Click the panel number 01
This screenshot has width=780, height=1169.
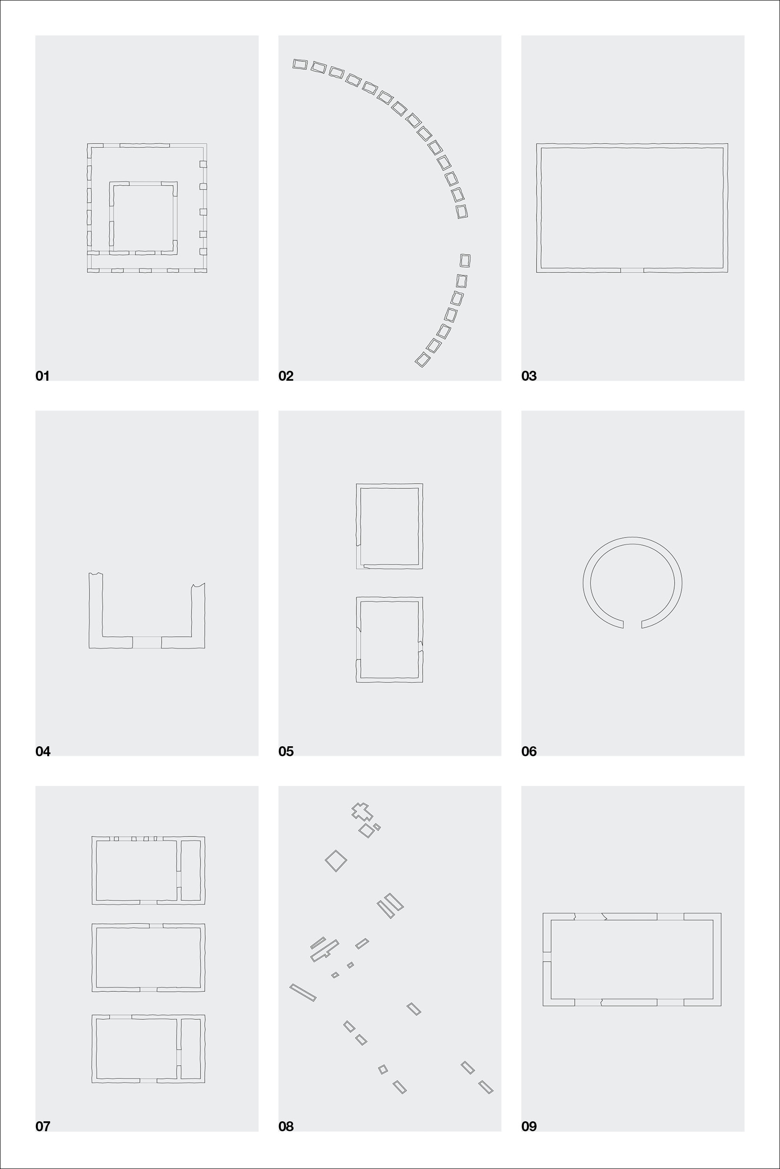pyautogui.click(x=43, y=376)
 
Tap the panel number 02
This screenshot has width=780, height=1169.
pyautogui.click(x=286, y=376)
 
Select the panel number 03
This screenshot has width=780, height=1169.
pyautogui.click(x=529, y=376)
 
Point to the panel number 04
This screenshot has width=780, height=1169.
pyautogui.click(x=43, y=751)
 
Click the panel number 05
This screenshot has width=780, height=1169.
pyautogui.click(x=286, y=751)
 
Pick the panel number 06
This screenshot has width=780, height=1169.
pyautogui.click(x=529, y=751)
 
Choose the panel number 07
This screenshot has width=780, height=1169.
pyautogui.click(x=43, y=1126)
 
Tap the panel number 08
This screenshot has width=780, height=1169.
pyautogui.click(x=286, y=1126)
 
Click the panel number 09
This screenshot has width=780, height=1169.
pyautogui.click(x=529, y=1126)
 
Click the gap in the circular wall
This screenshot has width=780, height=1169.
pyautogui.click(x=632, y=624)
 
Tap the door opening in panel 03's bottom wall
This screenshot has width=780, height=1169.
pyautogui.click(x=632, y=270)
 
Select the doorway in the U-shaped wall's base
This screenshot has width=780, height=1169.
pyautogui.click(x=147, y=642)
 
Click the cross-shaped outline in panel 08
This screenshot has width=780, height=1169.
pyautogui.click(x=362, y=811)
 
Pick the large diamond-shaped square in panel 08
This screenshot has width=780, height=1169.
pyautogui.click(x=336, y=861)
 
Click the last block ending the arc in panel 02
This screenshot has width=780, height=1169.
pyautogui.click(x=422, y=359)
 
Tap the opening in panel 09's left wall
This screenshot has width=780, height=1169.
pyautogui.click(x=546, y=957)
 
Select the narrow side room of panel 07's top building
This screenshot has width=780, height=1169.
pyautogui.click(x=191, y=870)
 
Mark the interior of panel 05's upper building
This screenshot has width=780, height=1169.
pyautogui.click(x=389, y=526)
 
